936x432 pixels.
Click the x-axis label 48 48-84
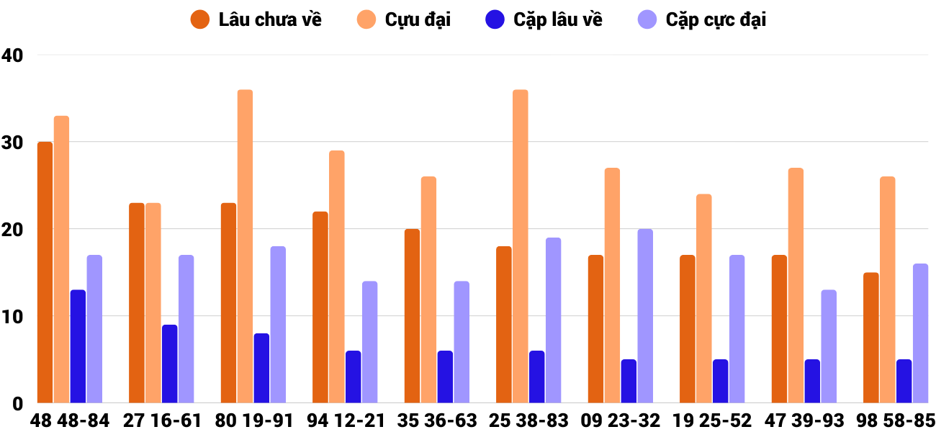(70, 420)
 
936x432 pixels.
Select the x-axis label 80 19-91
(253, 420)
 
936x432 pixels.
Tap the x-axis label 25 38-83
(528, 420)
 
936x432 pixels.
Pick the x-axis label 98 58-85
(895, 420)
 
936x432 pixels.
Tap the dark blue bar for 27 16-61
(170, 364)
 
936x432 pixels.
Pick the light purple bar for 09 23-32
(645, 316)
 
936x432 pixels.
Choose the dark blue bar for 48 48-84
(78, 346)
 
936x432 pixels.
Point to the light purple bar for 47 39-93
(829, 346)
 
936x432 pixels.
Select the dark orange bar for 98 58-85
(871, 338)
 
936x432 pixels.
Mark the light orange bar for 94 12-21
(337, 276)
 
